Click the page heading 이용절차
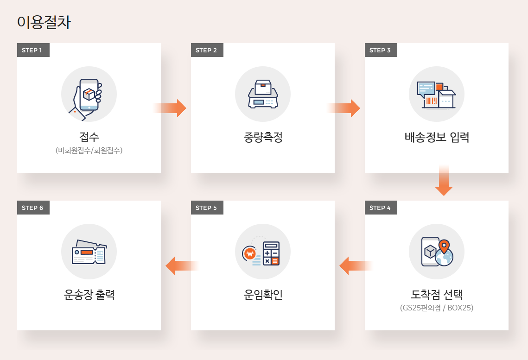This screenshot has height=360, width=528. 44,23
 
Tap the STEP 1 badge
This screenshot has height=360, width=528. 33,50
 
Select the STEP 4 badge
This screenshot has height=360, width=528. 381,208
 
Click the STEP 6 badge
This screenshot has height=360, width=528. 33,208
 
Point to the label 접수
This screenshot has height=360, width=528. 89,137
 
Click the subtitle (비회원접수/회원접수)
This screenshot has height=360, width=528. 89,151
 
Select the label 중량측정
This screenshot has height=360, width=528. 263,138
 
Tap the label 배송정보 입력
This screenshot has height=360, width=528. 437,138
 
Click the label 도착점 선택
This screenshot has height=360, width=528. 437,295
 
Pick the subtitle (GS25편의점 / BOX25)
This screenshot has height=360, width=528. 437,308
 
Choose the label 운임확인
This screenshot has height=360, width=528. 263,295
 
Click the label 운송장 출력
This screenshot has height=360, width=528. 89,295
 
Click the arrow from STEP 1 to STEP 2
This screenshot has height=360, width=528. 170,108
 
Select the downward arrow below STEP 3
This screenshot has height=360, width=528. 444,181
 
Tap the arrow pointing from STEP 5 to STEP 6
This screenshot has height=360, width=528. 182,265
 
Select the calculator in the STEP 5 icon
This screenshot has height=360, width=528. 271,253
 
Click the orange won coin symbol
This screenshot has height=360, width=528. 249,254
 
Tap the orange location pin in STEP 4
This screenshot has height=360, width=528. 444,246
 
